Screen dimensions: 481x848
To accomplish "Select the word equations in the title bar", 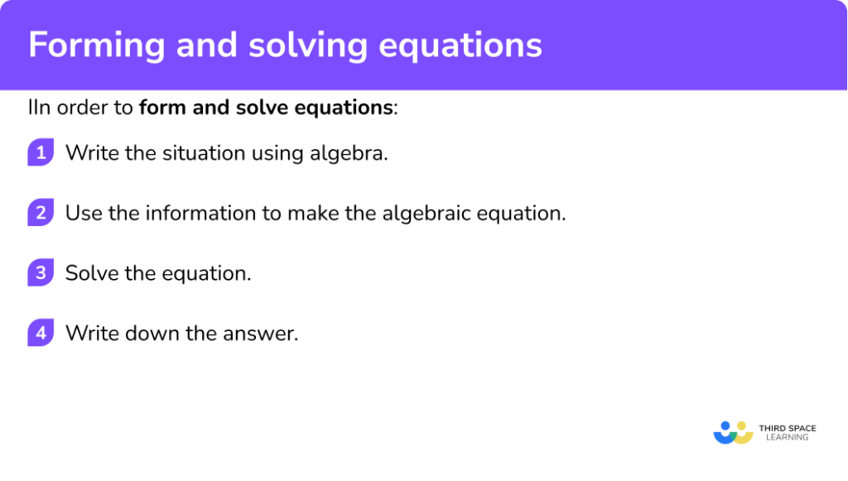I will (x=461, y=46).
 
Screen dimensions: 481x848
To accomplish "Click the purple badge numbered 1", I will (x=40, y=153).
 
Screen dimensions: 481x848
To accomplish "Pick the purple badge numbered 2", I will (x=40, y=213).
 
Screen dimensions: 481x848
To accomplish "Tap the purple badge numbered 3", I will (x=40, y=273).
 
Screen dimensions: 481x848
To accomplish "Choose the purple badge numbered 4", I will (x=40, y=334).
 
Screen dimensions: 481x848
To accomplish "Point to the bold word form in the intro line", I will (x=159, y=108).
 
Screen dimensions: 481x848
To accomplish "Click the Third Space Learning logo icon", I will (x=732, y=432).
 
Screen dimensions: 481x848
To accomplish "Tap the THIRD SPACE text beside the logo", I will (x=787, y=428).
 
